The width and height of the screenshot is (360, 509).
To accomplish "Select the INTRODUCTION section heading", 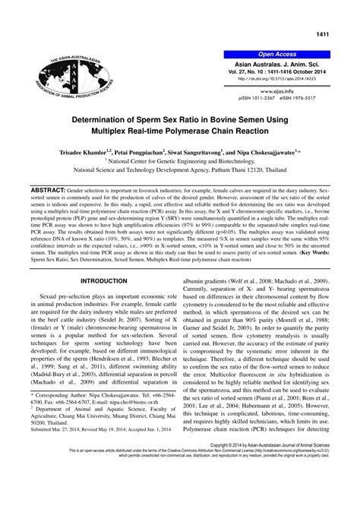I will click(x=103, y=258).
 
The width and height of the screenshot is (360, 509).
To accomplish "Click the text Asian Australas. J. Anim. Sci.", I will click(x=276, y=64).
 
